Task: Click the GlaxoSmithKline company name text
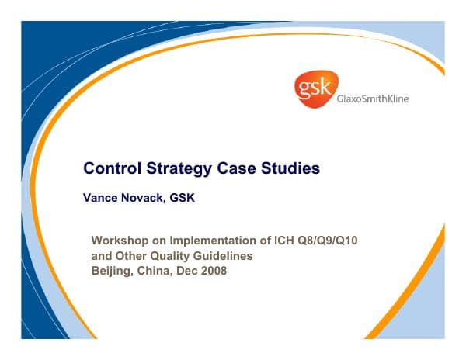pyautogui.click(x=372, y=99)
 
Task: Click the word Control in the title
pyautogui.click(x=110, y=168)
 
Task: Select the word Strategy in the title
pyautogui.click(x=178, y=168)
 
